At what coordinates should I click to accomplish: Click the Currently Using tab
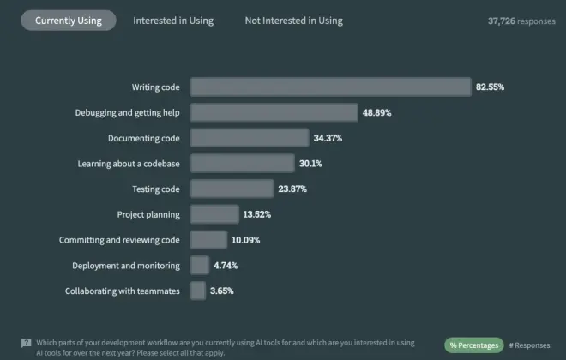(x=68, y=21)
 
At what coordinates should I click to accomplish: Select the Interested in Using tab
(x=173, y=21)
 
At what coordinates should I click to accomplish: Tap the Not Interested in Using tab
(x=293, y=21)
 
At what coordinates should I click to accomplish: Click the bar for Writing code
(x=330, y=87)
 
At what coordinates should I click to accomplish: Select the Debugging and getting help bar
(x=274, y=112)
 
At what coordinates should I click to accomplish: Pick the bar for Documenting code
(x=249, y=138)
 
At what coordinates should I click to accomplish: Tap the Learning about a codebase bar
(x=241, y=163)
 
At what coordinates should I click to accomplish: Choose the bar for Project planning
(x=214, y=214)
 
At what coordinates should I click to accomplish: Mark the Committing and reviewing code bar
(x=208, y=240)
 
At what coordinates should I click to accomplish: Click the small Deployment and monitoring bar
(x=199, y=265)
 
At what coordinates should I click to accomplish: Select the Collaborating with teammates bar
(x=197, y=291)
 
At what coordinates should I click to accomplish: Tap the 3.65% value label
(x=221, y=291)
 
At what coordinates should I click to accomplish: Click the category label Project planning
(x=148, y=214)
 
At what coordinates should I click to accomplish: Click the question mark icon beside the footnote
(x=26, y=342)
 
